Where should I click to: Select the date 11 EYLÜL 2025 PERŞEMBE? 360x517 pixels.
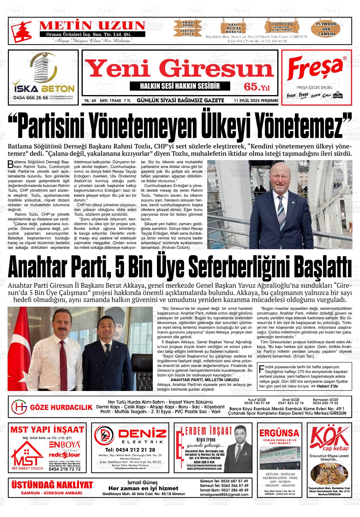[x=256, y=101]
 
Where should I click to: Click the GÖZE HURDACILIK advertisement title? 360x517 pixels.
[x=61, y=407]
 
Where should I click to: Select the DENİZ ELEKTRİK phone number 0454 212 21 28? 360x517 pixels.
[x=130, y=450]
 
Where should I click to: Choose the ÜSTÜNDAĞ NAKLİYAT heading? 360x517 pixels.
[x=52, y=485]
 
